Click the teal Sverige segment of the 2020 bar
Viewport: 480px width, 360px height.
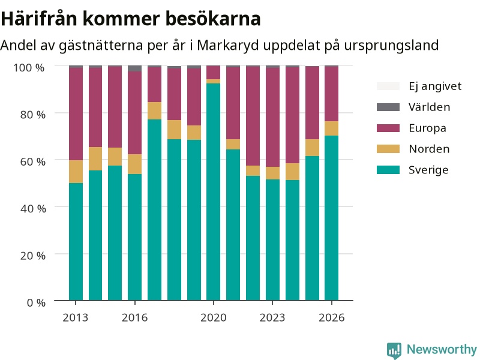point(213,192)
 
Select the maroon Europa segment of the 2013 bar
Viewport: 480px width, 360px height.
point(76,114)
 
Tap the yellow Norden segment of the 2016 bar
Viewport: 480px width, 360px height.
point(134,164)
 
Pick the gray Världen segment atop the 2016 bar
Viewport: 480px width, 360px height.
point(134,68)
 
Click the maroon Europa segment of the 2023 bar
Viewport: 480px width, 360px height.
point(272,117)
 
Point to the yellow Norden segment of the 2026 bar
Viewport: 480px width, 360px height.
point(332,128)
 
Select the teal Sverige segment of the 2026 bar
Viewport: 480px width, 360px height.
point(332,218)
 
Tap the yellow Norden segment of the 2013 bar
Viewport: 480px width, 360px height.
point(76,172)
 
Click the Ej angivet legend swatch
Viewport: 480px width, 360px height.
point(388,86)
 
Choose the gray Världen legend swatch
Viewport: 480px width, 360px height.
point(388,107)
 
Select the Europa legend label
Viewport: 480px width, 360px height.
point(427,128)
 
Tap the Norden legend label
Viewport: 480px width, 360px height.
point(429,149)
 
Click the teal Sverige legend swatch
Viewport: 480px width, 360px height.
point(388,170)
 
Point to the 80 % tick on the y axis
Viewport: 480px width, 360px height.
point(33,115)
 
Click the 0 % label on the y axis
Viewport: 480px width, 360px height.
point(36,302)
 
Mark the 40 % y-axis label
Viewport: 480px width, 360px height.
point(33,208)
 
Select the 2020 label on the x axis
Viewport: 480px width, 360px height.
point(214,317)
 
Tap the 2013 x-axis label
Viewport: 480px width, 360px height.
point(76,317)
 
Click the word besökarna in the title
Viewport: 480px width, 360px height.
point(213,19)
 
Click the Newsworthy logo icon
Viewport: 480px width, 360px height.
point(394,350)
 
